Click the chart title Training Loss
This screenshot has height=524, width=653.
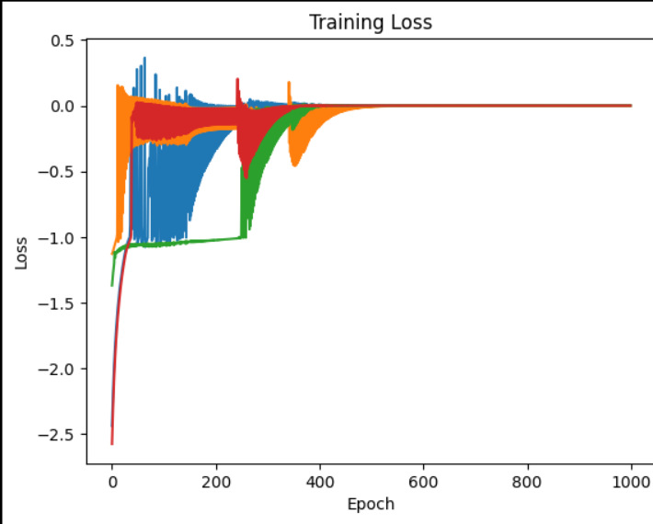pyautogui.click(x=370, y=22)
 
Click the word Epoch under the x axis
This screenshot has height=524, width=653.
pyautogui.click(x=371, y=504)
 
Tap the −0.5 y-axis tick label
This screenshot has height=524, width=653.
pyautogui.click(x=58, y=172)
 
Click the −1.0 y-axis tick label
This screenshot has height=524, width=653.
pyautogui.click(x=58, y=238)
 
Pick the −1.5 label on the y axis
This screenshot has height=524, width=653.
pyautogui.click(x=58, y=303)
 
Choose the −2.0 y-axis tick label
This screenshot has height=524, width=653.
pyautogui.click(x=58, y=369)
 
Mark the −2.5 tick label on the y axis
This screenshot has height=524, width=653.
pyautogui.click(x=58, y=434)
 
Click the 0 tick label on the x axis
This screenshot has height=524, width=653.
pyautogui.click(x=112, y=480)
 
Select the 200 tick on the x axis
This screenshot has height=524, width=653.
pyautogui.click(x=216, y=480)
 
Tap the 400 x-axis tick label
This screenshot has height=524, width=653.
pyautogui.click(x=320, y=480)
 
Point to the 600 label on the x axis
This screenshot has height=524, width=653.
pyautogui.click(x=423, y=480)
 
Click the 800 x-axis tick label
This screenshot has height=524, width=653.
pyautogui.click(x=527, y=480)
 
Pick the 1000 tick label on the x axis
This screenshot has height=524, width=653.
pyautogui.click(x=631, y=480)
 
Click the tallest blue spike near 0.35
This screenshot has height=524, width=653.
pyautogui.click(x=144, y=59)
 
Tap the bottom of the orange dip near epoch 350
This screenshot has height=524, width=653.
pyautogui.click(x=295, y=165)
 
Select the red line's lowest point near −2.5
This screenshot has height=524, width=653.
pyautogui.click(x=112, y=443)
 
